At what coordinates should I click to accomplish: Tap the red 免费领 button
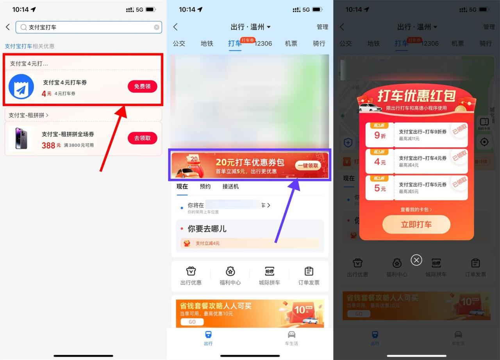[142, 86]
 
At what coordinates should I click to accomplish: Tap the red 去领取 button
[142, 138]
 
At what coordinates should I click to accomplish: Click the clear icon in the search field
[157, 27]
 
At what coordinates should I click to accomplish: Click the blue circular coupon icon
[21, 87]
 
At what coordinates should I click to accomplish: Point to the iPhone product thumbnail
[21, 139]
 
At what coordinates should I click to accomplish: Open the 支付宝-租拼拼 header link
[29, 115]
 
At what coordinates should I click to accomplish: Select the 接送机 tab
[230, 187]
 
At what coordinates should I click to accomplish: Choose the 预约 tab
[205, 187]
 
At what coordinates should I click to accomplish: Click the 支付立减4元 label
[207, 243]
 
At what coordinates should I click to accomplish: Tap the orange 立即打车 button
[416, 225]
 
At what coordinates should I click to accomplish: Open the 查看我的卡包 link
[416, 210]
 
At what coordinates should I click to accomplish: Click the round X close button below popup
[416, 260]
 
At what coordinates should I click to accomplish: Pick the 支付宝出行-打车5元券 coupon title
[423, 185]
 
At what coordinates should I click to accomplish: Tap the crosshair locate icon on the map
[484, 142]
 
